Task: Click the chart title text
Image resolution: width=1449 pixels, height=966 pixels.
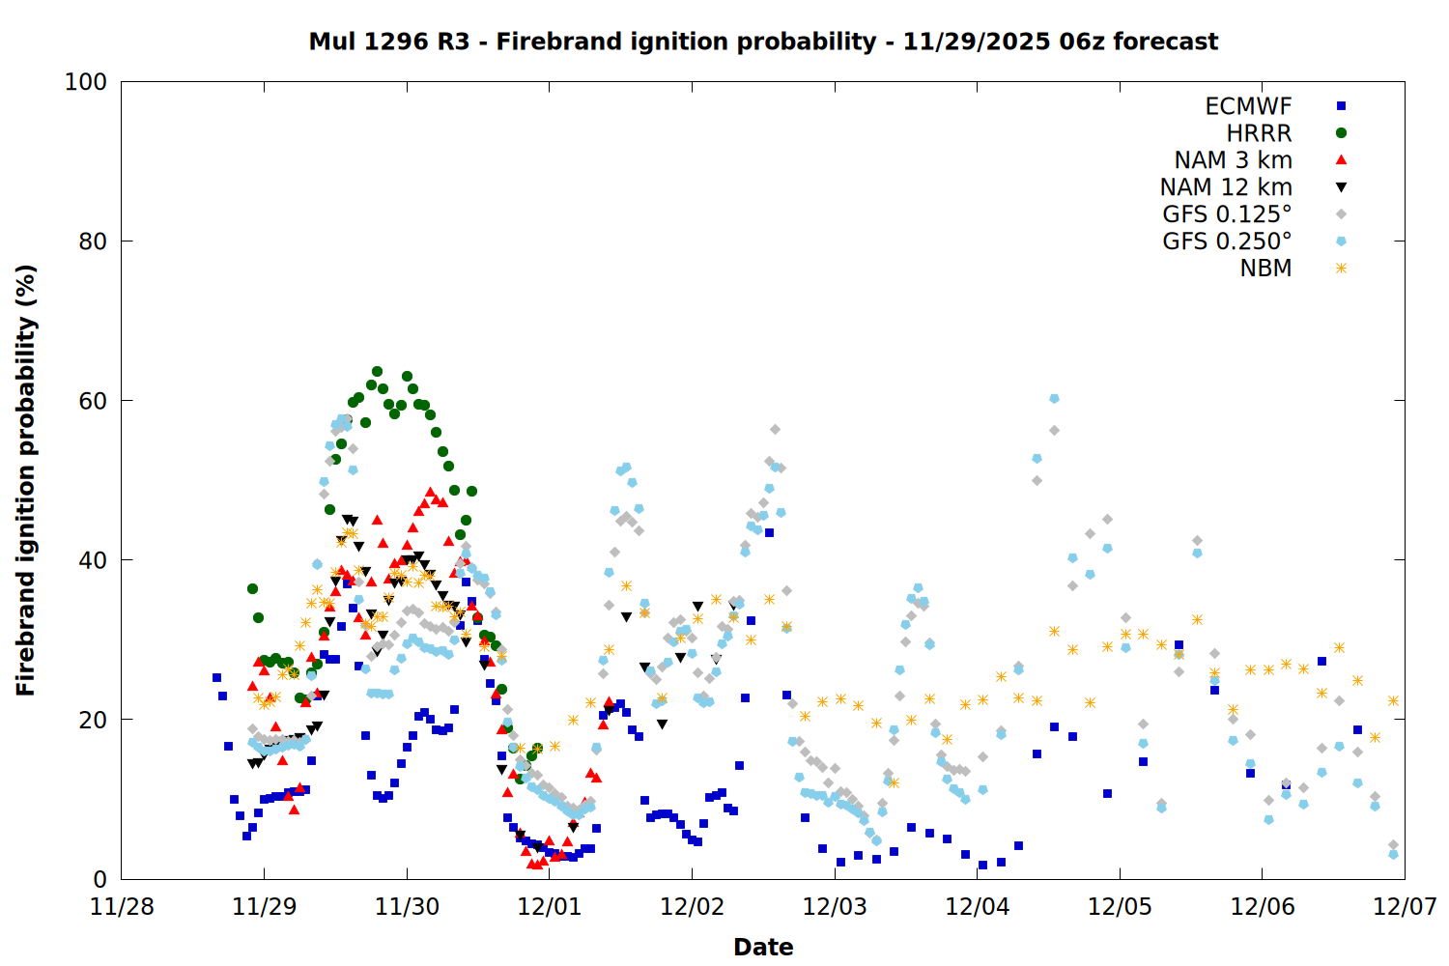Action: click(x=763, y=42)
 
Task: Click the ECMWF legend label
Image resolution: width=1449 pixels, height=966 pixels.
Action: click(x=1248, y=106)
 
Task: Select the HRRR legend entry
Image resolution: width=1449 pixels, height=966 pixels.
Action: click(x=1259, y=133)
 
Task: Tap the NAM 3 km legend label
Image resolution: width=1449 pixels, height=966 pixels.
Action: click(x=1233, y=160)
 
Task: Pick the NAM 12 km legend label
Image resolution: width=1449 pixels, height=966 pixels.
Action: click(x=1226, y=187)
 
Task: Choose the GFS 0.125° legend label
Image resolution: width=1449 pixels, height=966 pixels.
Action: click(x=1227, y=214)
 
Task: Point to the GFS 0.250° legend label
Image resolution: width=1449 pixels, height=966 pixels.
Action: click(x=1227, y=241)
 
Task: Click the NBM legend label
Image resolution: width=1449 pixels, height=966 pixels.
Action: click(x=1265, y=269)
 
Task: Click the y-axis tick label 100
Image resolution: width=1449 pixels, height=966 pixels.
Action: click(x=86, y=82)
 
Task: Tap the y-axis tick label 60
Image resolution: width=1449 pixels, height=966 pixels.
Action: click(x=93, y=401)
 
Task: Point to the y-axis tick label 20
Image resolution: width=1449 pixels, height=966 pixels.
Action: click(x=93, y=720)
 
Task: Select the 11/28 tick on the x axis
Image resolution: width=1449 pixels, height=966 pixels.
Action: click(x=122, y=907)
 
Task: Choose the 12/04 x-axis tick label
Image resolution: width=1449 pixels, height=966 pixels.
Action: click(x=978, y=907)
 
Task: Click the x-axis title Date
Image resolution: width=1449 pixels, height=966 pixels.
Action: click(x=763, y=947)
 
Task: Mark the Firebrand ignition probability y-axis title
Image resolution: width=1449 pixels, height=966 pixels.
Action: click(x=26, y=480)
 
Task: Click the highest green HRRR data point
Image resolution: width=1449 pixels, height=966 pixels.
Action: click(x=377, y=372)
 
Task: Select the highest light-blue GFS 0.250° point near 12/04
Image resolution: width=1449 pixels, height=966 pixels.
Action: click(x=1054, y=399)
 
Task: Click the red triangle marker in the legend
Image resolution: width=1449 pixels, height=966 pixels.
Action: click(x=1341, y=160)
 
